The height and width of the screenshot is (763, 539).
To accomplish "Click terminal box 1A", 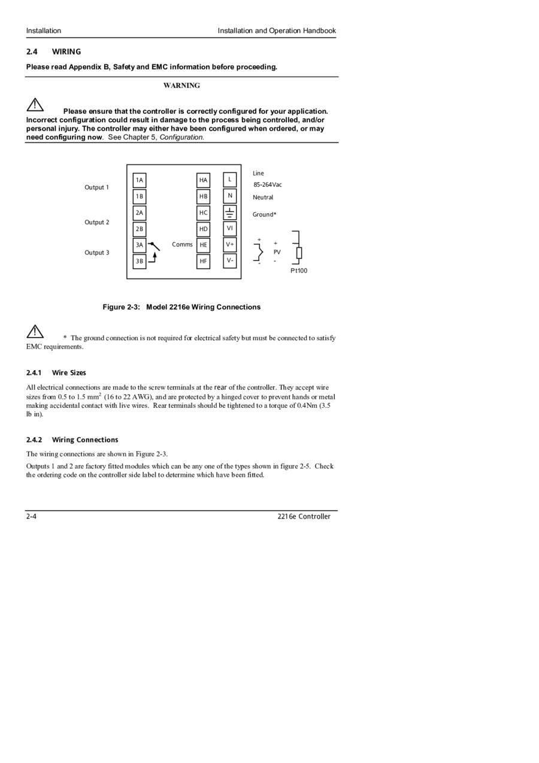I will (x=139, y=180).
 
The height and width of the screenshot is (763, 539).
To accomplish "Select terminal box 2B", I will (x=139, y=229).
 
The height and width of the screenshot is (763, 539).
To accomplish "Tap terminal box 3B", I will (x=139, y=261).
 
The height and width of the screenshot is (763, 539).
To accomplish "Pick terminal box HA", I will (x=204, y=180).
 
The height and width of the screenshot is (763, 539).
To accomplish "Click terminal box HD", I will (x=204, y=229).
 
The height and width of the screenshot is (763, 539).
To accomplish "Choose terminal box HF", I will (x=204, y=261).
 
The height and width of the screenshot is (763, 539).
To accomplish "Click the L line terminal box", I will (x=229, y=179).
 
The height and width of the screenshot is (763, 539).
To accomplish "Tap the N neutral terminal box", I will (x=229, y=195).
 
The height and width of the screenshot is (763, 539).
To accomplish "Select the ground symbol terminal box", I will (x=229, y=212).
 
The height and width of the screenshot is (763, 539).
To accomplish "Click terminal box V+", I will (x=229, y=244).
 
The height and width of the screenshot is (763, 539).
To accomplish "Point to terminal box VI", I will (x=229, y=228).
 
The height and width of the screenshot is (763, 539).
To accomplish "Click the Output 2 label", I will (x=96, y=222).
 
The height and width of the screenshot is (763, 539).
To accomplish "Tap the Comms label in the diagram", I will (x=182, y=244).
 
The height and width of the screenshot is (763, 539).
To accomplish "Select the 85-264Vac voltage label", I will (x=267, y=184).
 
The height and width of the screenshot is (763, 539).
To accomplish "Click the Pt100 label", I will (x=299, y=271).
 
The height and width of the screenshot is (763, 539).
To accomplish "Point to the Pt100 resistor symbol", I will (x=299, y=253).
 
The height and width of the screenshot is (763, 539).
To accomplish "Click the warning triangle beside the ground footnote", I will (x=35, y=331).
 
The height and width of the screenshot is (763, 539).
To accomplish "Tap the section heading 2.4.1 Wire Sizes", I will (x=56, y=373).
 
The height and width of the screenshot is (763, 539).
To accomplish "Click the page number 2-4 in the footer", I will (x=31, y=516).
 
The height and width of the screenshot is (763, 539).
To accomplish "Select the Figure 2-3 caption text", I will (x=181, y=307).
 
